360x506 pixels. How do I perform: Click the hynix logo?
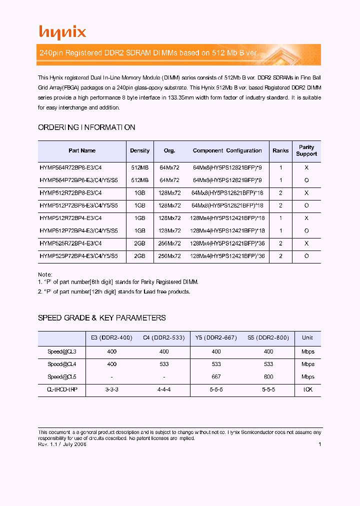(x=62, y=32)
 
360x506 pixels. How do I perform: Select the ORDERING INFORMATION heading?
(x=86, y=127)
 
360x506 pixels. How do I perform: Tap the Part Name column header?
(x=82, y=150)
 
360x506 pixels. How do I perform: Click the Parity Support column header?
(x=306, y=150)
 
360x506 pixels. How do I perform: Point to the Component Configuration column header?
(x=227, y=150)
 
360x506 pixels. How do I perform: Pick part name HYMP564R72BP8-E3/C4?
(x=70, y=167)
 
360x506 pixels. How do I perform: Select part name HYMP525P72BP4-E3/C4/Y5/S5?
(x=78, y=256)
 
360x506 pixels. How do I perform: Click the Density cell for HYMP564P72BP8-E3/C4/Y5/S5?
(x=140, y=180)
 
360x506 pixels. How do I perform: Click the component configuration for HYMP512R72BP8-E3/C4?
(x=227, y=192)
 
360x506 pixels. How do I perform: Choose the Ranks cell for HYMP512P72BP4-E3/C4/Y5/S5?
(x=281, y=231)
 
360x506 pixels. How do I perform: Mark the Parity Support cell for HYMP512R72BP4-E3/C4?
(x=306, y=218)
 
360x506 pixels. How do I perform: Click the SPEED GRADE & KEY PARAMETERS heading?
(x=102, y=318)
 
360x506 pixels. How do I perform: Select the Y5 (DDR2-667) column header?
(x=216, y=338)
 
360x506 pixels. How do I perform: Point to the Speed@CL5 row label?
(x=62, y=377)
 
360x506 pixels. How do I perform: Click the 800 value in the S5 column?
(x=268, y=377)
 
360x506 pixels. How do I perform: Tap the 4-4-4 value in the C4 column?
(x=164, y=389)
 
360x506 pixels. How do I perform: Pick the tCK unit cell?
(x=308, y=389)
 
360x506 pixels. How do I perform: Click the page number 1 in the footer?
(x=319, y=444)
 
